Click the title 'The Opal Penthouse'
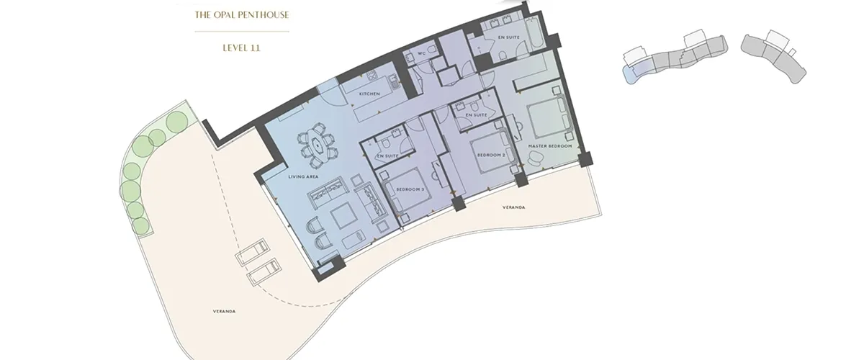242,14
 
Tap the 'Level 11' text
241,48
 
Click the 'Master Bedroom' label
549,146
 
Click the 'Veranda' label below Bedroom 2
514,207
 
